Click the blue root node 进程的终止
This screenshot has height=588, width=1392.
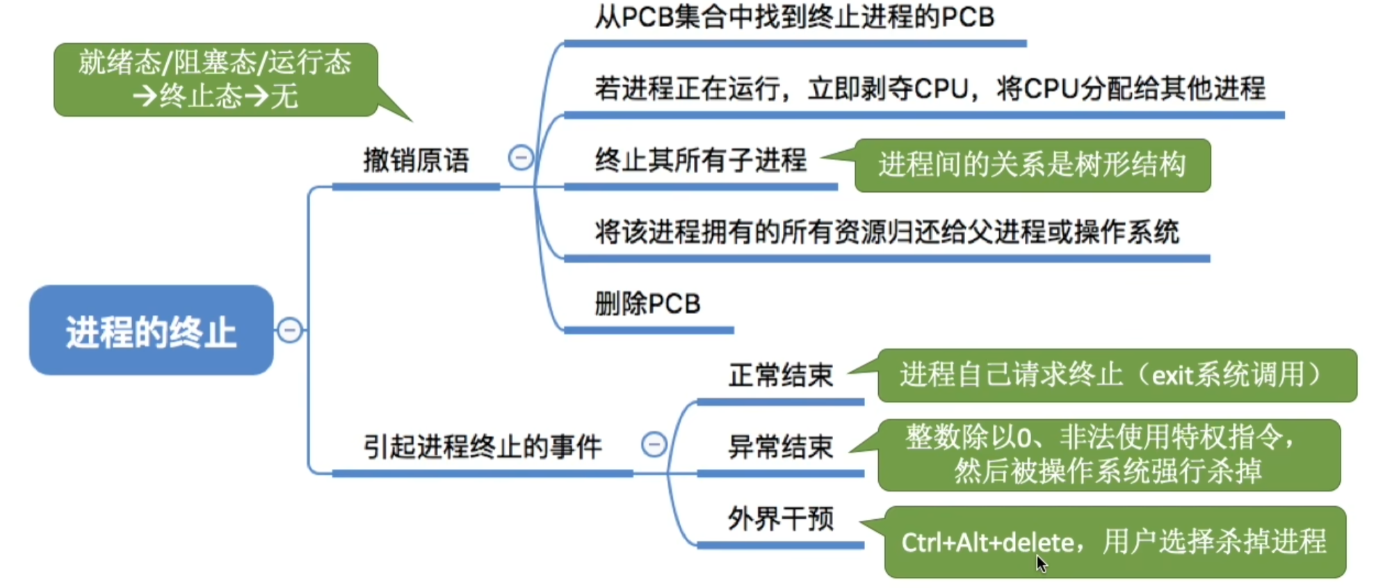tap(151, 330)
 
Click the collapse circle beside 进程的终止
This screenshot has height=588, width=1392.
tap(289, 329)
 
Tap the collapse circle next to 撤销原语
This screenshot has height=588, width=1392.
tap(521, 158)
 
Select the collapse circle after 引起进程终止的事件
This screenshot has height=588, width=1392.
tap(654, 444)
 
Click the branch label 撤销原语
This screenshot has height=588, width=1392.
tap(416, 161)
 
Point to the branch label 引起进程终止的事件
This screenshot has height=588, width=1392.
tap(483, 446)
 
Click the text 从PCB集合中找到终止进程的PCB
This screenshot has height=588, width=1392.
tap(795, 17)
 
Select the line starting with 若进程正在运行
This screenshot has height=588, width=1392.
tap(930, 89)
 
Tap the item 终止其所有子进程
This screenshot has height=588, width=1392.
tap(701, 161)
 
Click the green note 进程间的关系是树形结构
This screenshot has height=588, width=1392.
tap(1033, 165)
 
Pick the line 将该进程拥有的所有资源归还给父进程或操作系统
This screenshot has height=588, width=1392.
tap(887, 232)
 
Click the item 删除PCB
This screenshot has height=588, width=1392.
tap(647, 304)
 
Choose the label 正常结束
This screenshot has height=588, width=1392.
tap(781, 375)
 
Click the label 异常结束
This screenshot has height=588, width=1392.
tap(781, 447)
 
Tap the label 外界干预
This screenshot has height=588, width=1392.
tap(781, 518)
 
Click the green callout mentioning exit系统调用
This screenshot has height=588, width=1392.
tap(1117, 375)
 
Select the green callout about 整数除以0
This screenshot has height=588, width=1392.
tap(1109, 455)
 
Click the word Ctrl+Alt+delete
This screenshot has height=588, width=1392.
tap(988, 542)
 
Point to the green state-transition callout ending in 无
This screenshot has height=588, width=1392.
tap(216, 79)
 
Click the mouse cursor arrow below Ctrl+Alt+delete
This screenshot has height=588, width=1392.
tap(1041, 564)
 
